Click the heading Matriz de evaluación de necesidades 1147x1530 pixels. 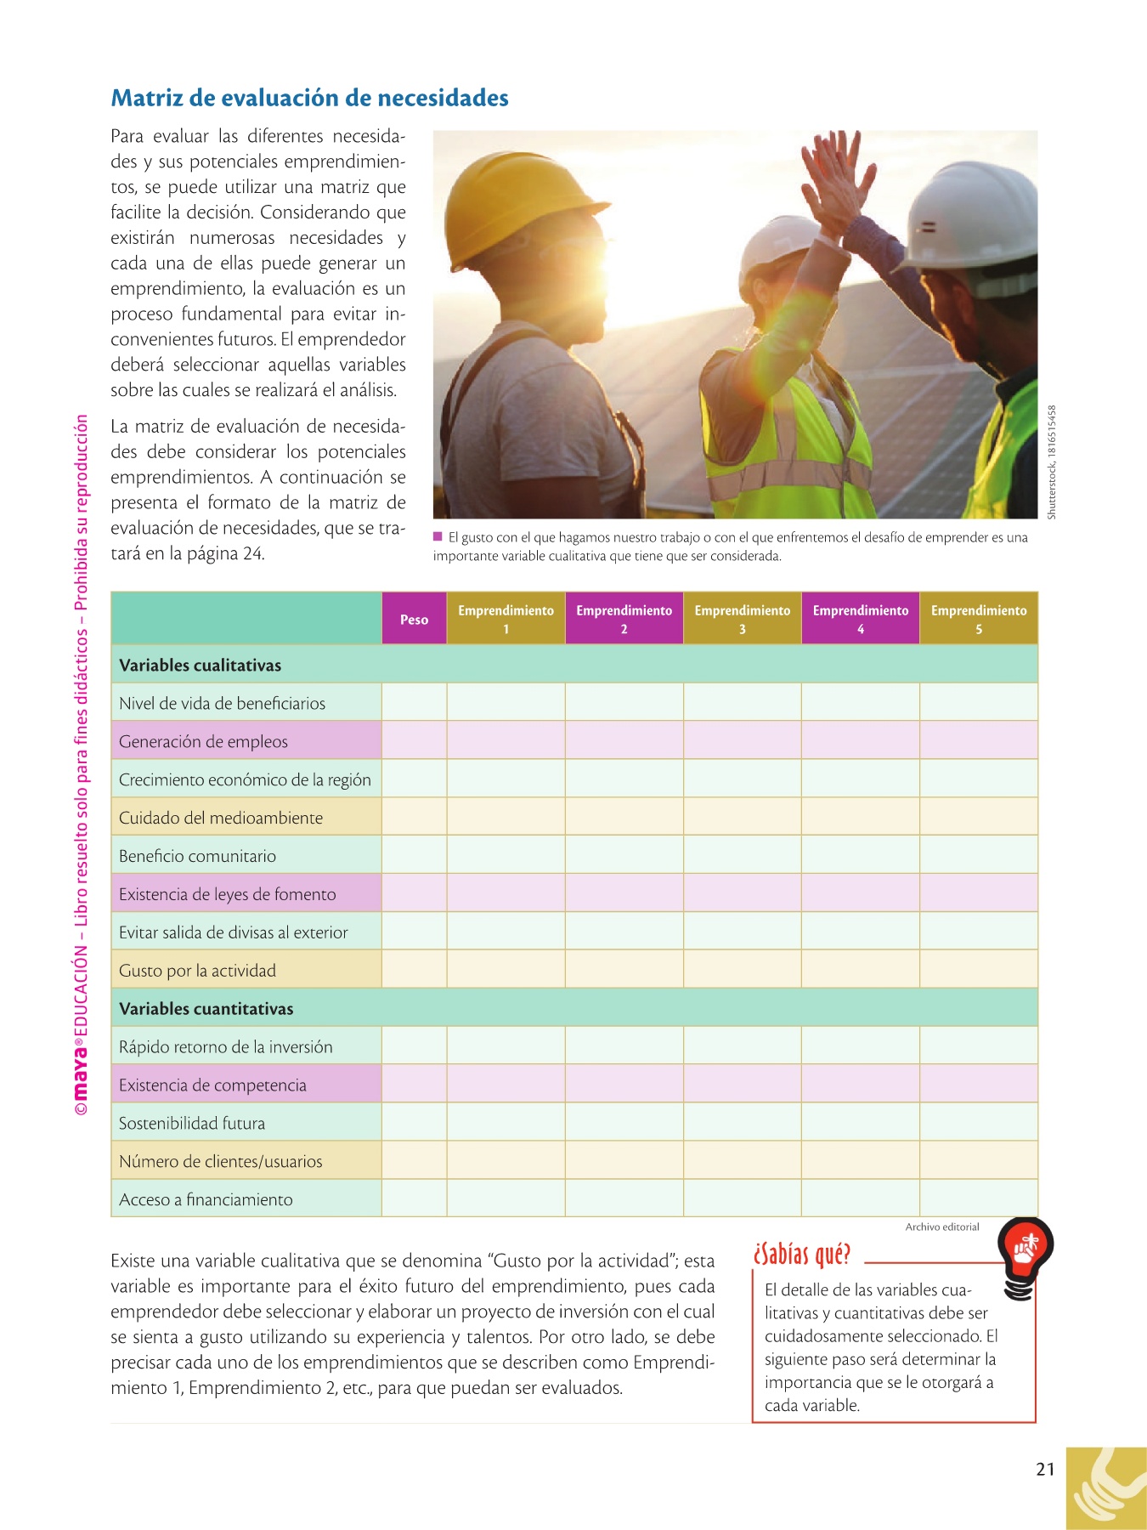pos(309,99)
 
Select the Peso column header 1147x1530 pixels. pos(414,620)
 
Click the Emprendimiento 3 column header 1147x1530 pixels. pos(742,620)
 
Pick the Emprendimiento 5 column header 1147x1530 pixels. pos(979,620)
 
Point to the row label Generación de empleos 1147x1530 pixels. pos(203,742)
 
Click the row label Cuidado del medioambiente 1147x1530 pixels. pos(221,819)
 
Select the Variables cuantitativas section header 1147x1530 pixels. pos(206,1009)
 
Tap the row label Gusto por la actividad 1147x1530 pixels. pos(197,971)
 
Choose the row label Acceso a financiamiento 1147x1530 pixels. pos(206,1200)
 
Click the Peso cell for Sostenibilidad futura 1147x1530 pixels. pos(414,1123)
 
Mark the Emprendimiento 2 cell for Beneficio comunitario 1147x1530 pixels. pos(624,856)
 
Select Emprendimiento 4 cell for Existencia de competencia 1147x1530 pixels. pos(860,1085)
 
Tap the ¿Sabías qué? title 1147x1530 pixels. pos(801,1255)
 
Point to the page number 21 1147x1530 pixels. pos(1045,1470)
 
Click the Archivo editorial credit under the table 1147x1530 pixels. pos(941,1227)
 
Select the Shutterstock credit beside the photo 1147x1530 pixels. pos(1052,462)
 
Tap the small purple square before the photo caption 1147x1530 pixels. pos(438,536)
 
